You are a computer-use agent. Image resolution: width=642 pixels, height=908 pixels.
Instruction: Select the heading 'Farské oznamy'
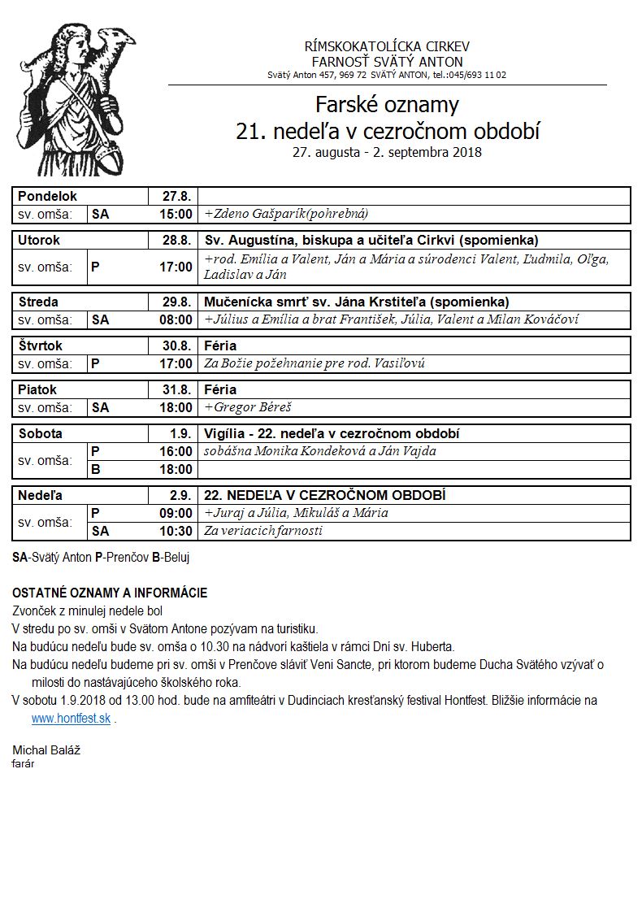tap(387, 105)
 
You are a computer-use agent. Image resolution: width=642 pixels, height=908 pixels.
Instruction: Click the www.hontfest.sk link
tap(72, 719)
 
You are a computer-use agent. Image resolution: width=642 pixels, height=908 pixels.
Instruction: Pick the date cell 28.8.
tap(176, 241)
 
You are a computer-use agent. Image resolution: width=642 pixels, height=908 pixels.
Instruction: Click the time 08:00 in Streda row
tap(176, 320)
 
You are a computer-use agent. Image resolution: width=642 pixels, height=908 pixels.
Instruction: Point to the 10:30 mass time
tap(176, 531)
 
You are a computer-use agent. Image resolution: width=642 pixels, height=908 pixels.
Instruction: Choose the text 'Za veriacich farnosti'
tap(263, 531)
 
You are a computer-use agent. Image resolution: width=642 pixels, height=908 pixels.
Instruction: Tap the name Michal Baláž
tap(46, 749)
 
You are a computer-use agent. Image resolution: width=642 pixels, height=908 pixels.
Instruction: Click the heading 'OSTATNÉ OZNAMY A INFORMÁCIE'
tap(110, 593)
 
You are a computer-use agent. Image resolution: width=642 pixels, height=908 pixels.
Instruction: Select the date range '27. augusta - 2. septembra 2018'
tap(387, 152)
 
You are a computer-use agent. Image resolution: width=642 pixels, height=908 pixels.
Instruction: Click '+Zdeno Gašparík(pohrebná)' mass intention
tap(286, 215)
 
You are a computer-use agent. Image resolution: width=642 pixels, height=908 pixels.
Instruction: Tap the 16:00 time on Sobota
tap(176, 451)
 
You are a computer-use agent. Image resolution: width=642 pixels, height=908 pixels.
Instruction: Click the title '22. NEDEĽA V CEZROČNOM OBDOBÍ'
tap(325, 495)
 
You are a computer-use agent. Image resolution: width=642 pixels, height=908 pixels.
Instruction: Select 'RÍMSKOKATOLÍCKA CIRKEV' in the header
tap(387, 46)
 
